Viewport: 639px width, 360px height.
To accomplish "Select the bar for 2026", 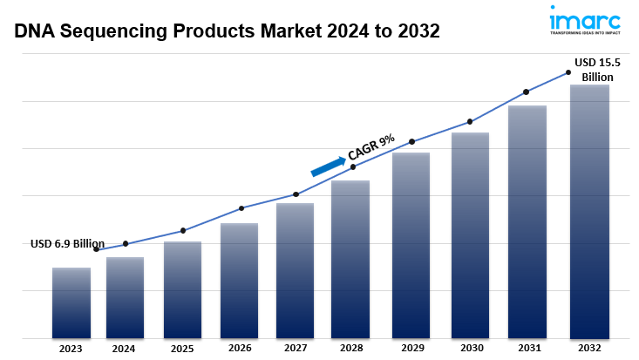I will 239,280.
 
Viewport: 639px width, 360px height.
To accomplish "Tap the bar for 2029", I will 411,245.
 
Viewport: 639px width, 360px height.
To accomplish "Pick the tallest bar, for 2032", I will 589,211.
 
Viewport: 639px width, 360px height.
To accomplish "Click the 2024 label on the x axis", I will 124,349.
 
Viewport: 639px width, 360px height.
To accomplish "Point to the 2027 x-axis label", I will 296,349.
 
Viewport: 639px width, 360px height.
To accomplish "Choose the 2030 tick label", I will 470,349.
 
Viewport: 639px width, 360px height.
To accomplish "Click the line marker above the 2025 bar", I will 183,230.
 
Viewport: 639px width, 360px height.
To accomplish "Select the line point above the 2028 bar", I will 353,166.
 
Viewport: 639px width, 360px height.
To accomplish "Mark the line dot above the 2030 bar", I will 470,121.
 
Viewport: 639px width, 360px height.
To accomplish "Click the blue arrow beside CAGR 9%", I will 328,165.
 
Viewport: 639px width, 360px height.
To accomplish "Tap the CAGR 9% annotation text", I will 371,147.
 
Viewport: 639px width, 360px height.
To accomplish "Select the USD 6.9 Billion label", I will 67,244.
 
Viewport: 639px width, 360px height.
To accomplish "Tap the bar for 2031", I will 527,221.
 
